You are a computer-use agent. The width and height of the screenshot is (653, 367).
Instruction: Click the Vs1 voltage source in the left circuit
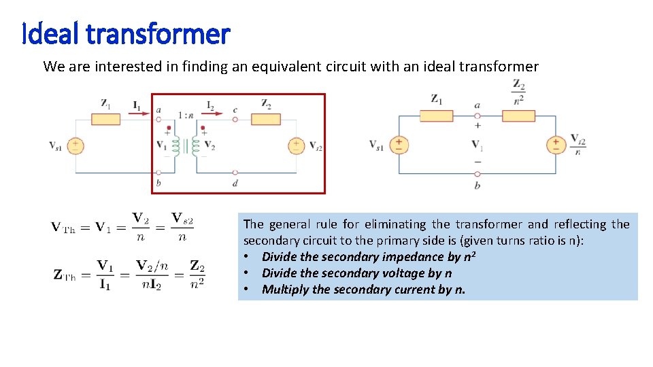click(75, 145)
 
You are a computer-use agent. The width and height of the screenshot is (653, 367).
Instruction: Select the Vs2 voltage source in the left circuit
click(296, 145)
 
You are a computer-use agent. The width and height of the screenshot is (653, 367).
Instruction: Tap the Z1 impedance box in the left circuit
click(106, 119)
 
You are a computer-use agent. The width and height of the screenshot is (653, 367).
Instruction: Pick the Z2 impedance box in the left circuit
click(266, 119)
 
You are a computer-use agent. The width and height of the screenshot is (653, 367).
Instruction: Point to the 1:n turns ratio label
click(185, 116)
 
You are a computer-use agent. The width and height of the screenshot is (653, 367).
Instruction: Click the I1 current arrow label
click(137, 106)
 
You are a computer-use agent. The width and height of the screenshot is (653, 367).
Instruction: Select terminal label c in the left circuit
click(235, 110)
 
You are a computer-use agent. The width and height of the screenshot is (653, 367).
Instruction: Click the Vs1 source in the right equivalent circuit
click(399, 145)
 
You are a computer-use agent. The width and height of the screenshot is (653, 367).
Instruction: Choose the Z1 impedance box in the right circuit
click(436, 116)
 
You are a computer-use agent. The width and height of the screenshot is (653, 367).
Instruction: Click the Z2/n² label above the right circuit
click(518, 92)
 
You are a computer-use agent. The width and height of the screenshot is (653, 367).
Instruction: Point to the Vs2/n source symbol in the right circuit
click(556, 145)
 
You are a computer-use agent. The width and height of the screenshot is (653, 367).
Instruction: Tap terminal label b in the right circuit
click(477, 185)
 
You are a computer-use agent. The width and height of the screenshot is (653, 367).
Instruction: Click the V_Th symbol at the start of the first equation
click(65, 228)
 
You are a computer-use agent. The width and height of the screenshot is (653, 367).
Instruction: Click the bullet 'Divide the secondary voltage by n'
click(356, 273)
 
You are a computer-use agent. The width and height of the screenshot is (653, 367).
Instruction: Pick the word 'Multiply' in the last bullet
click(285, 290)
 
